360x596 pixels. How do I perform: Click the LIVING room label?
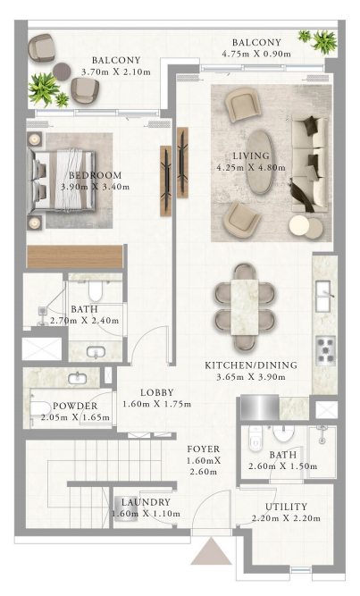click(x=251, y=155)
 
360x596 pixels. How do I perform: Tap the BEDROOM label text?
click(x=95, y=175)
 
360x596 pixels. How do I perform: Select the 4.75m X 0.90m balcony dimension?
click(x=256, y=54)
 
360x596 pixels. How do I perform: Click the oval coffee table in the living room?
click(x=260, y=163)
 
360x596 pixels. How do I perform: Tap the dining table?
click(x=245, y=307)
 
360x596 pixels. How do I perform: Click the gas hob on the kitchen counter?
click(x=325, y=350)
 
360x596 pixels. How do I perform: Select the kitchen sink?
click(x=324, y=296)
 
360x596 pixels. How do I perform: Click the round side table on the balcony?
click(x=62, y=71)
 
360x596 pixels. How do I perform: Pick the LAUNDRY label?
click(x=146, y=502)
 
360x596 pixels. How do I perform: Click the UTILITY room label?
click(x=286, y=507)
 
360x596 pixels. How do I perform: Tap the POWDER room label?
click(x=75, y=406)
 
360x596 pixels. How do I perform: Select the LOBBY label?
click(x=157, y=392)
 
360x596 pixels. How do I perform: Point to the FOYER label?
click(x=204, y=449)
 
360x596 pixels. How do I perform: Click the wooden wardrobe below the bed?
click(x=75, y=256)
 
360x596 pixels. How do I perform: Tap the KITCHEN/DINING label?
click(x=251, y=365)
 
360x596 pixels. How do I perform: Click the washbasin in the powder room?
click(x=77, y=378)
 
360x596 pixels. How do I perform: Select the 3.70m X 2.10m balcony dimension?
click(x=116, y=71)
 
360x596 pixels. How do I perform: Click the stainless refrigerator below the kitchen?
click(x=260, y=407)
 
